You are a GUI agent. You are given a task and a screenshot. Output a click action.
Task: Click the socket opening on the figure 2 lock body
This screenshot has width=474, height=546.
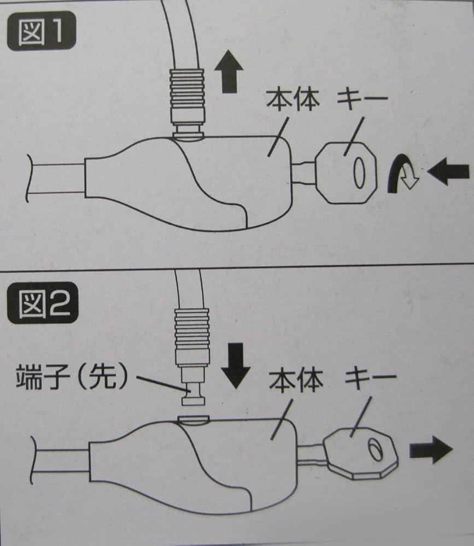pos(194,419)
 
